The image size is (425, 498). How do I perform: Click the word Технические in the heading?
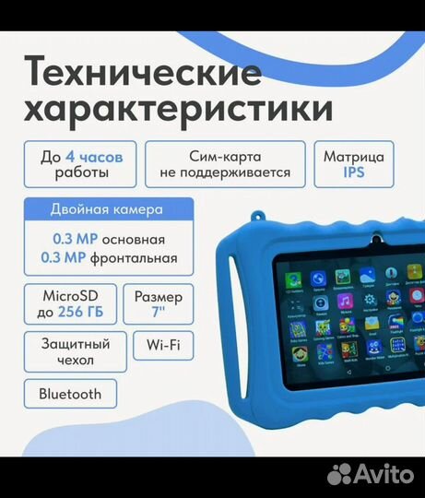pyautogui.click(x=143, y=71)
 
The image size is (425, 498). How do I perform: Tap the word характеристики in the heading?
pyautogui.click(x=178, y=109)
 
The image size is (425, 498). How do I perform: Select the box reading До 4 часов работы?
pyautogui.click(x=81, y=162)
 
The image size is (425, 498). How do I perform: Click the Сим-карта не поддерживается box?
pyautogui.click(x=224, y=162)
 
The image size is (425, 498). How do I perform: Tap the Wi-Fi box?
pyautogui.click(x=163, y=345)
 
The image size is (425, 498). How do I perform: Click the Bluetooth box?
pyautogui.click(x=70, y=394)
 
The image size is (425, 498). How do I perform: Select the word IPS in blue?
pyautogui.click(x=355, y=172)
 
